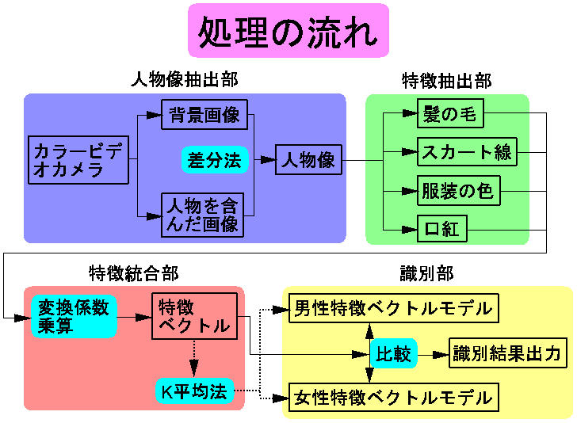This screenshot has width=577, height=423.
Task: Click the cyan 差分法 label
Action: pos(214,160)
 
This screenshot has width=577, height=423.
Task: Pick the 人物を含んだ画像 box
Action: pos(201,215)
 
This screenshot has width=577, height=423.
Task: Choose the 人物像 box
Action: pos(308,160)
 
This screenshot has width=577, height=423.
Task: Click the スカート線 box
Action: pos(467,151)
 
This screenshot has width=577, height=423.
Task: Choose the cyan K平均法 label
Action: pos(194,391)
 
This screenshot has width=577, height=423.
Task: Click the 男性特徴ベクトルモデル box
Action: pos(392,308)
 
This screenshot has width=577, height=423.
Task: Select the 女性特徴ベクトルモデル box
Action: pos(392,395)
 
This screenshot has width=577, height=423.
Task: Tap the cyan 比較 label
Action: pos(393,353)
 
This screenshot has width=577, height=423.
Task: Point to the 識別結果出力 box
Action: pos(506,353)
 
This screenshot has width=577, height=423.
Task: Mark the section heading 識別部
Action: pos(426,273)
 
